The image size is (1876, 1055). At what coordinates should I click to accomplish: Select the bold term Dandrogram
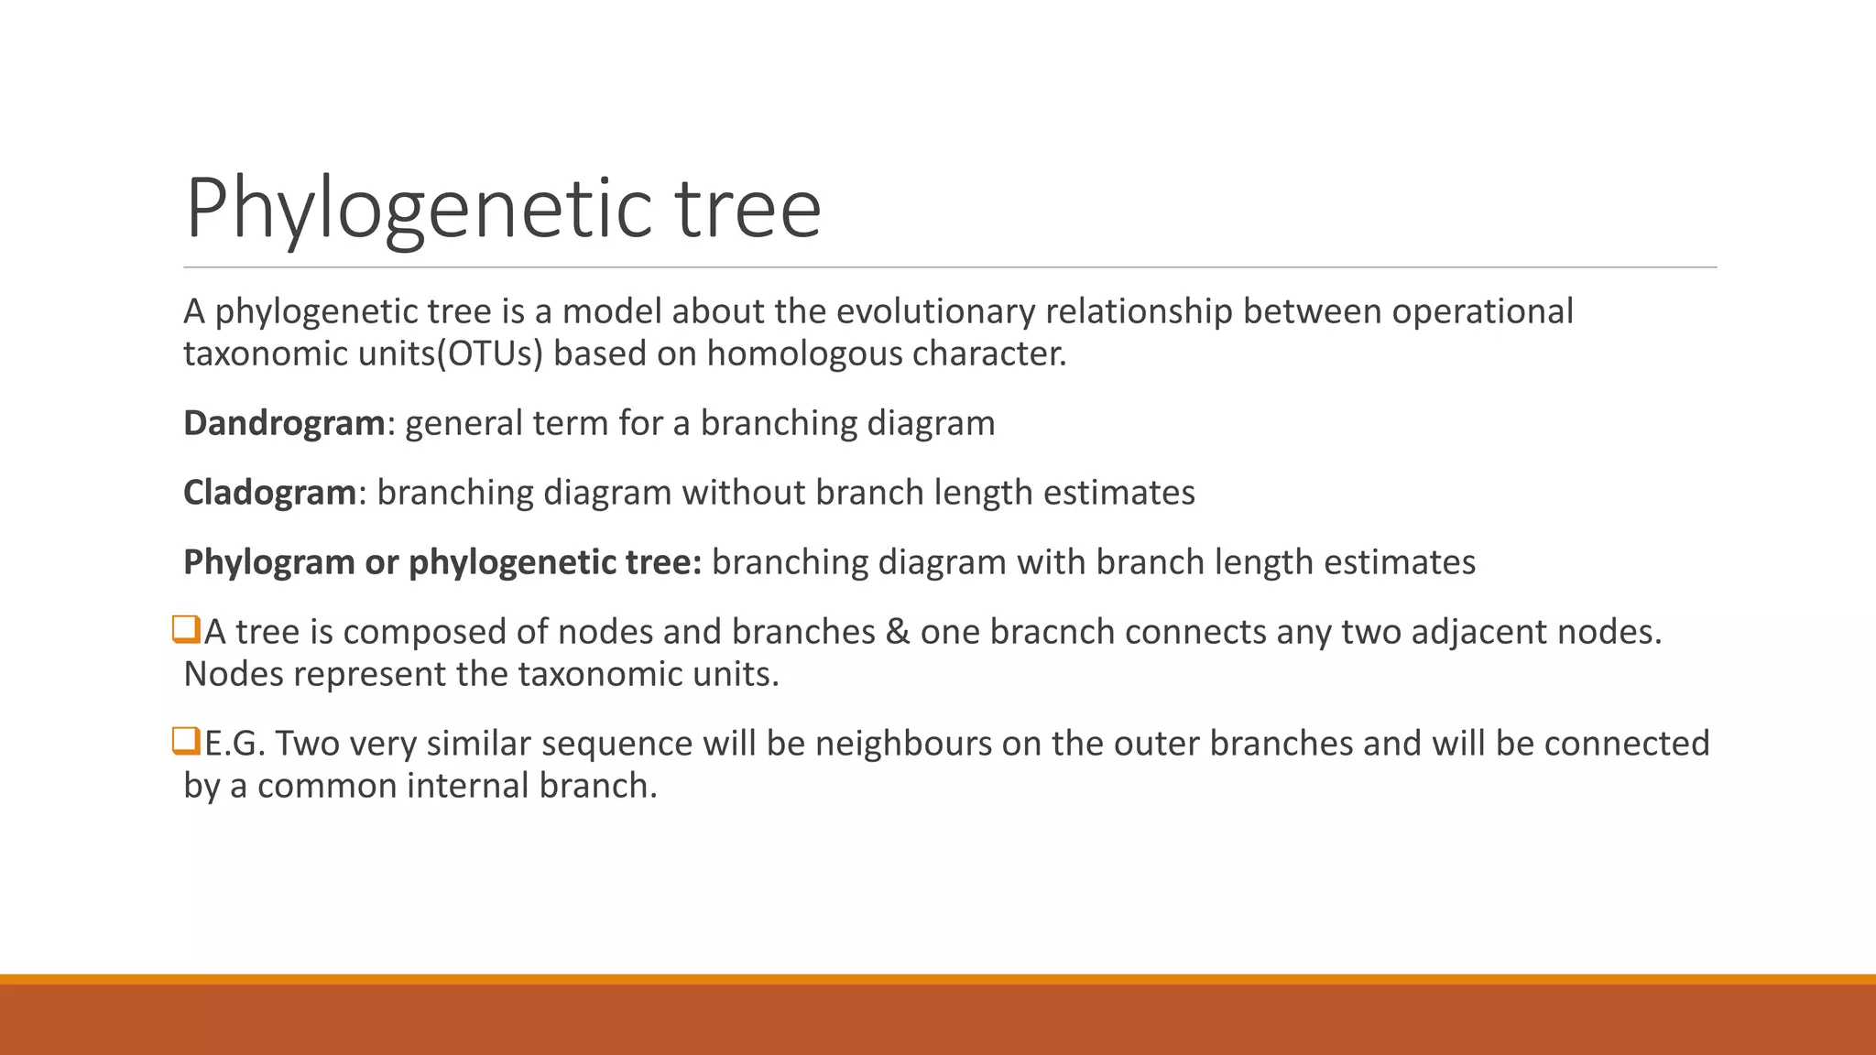(x=284, y=423)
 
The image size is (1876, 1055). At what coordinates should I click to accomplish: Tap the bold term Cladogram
(x=269, y=493)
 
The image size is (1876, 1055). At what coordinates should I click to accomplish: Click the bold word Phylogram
(x=269, y=562)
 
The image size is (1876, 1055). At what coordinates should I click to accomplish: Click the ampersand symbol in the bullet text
(x=898, y=632)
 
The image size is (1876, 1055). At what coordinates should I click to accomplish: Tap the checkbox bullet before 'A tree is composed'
(x=186, y=630)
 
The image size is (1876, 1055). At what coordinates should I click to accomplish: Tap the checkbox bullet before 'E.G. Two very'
(x=186, y=741)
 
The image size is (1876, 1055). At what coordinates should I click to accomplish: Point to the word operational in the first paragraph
(x=1482, y=311)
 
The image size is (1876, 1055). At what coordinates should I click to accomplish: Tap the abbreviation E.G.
(x=234, y=744)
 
